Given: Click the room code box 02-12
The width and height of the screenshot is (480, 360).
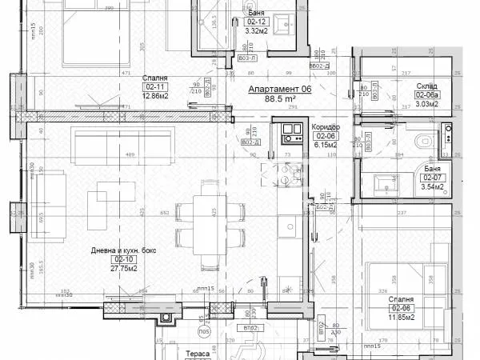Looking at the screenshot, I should click(x=258, y=22).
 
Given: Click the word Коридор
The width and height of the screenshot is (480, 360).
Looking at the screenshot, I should click(x=324, y=127).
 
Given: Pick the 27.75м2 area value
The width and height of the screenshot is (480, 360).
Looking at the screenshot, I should click(x=122, y=269).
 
